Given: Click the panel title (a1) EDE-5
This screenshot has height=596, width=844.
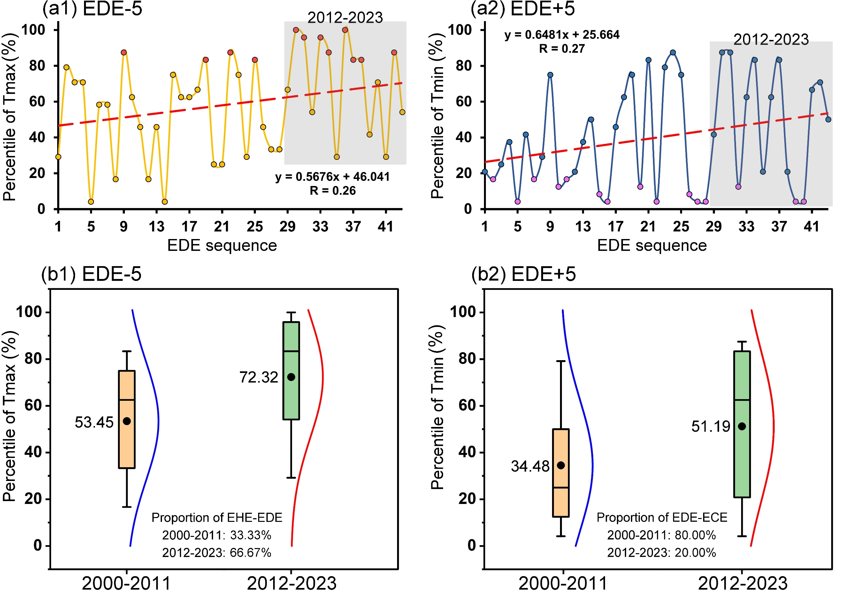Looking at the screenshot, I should click(x=92, y=9).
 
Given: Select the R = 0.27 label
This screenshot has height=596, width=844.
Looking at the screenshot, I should click(x=562, y=49).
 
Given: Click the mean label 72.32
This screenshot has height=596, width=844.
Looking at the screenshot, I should click(x=258, y=378).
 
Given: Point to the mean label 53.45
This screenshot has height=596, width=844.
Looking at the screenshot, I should click(x=94, y=422).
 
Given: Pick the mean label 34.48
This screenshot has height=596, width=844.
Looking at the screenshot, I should click(x=530, y=466).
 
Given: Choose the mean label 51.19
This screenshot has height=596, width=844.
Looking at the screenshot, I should click(x=710, y=427).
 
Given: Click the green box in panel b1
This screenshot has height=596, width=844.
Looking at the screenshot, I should click(x=291, y=371).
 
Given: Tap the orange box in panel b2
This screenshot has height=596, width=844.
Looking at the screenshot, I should click(x=561, y=473).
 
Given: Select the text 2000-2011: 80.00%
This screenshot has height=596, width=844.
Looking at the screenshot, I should click(x=661, y=535).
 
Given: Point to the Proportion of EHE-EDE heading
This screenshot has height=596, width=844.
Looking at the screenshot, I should click(x=217, y=518).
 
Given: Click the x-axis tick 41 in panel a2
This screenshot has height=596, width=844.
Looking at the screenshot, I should click(x=812, y=227).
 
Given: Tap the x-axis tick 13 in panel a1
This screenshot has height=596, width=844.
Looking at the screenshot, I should click(x=157, y=227).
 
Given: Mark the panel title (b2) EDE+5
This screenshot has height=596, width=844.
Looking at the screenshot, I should click(x=524, y=274).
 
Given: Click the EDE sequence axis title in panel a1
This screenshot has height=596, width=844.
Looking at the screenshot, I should click(x=222, y=246).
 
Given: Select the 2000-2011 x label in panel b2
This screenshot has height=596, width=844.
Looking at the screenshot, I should click(x=563, y=584).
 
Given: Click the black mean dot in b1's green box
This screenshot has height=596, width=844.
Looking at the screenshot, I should click(x=291, y=377).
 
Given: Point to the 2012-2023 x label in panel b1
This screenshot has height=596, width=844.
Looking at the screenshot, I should click(x=292, y=584).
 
